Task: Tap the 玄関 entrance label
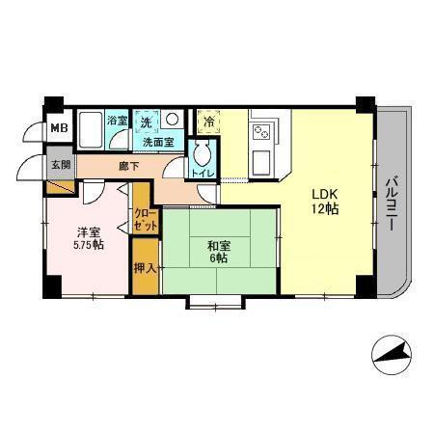pyautogui.click(x=60, y=163)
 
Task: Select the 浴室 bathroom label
pyautogui.click(x=117, y=121)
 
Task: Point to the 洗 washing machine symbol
pyautogui.click(x=147, y=122)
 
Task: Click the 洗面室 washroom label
pyautogui.click(x=158, y=143)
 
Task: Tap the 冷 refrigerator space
pyautogui.click(x=208, y=122)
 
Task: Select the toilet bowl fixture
pyautogui.click(x=203, y=154)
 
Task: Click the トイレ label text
pyautogui.click(x=203, y=174)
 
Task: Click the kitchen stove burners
pyautogui.click(x=260, y=129)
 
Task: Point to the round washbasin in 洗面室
pyautogui.click(x=170, y=121)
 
